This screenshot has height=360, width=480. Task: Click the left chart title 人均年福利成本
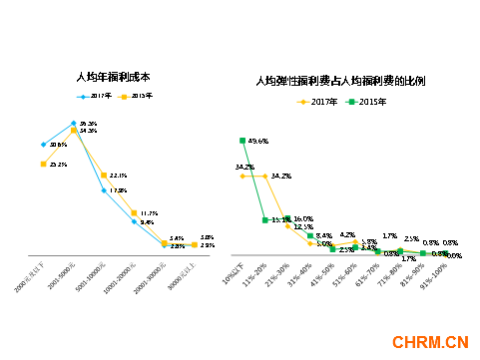(x=113, y=76)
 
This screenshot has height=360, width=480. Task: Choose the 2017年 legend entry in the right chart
(x=317, y=102)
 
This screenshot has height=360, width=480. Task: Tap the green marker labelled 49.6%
(x=242, y=141)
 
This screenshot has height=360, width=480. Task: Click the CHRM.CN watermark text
(x=430, y=343)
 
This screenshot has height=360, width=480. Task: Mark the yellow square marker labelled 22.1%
(x=104, y=176)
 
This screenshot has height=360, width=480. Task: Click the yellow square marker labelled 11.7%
(x=134, y=212)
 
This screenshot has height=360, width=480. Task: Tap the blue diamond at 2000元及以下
(x=44, y=145)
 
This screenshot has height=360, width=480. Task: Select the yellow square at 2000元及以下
(x=43, y=164)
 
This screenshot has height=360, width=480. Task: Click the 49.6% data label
(x=257, y=141)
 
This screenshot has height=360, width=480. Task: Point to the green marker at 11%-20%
(x=265, y=219)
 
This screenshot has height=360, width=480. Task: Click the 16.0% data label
(x=304, y=218)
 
